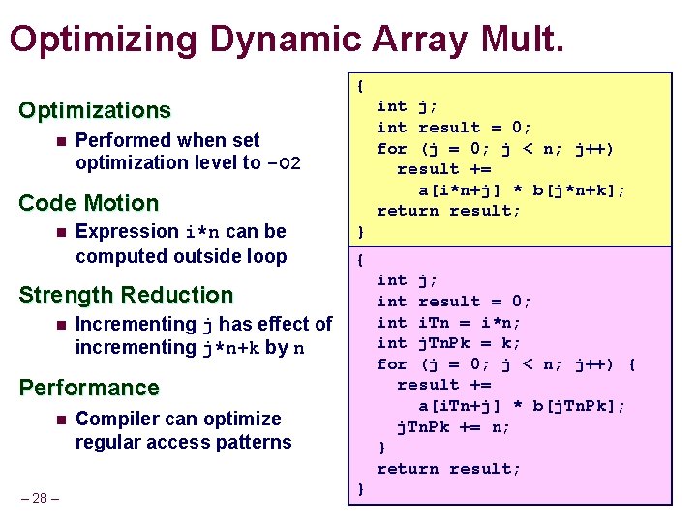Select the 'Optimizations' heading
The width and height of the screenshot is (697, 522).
(94, 110)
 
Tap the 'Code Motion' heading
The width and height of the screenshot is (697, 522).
(88, 203)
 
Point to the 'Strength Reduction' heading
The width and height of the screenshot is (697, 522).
(126, 295)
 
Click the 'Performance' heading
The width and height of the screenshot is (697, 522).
(88, 388)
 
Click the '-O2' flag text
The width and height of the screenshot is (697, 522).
(284, 163)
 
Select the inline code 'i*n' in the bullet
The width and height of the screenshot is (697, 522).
(204, 232)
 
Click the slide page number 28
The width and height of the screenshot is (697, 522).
(40, 498)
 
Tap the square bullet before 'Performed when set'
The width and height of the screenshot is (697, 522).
(60, 141)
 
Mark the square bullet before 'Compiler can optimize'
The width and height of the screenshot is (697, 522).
(60, 420)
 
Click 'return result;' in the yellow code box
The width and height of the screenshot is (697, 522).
(448, 211)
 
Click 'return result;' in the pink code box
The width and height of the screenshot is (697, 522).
(448, 469)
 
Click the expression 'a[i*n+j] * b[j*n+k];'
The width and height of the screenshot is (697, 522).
(522, 190)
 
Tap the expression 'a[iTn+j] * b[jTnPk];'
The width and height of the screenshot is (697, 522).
(522, 405)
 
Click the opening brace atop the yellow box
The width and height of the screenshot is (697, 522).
(360, 85)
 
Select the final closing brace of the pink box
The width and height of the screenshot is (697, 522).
(360, 489)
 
